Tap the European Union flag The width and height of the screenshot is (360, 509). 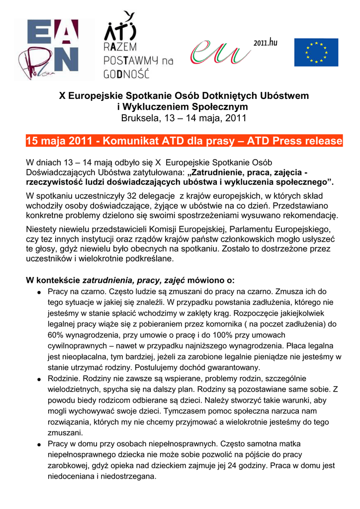point(316,52)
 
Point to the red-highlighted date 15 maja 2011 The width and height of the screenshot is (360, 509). point(60,141)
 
